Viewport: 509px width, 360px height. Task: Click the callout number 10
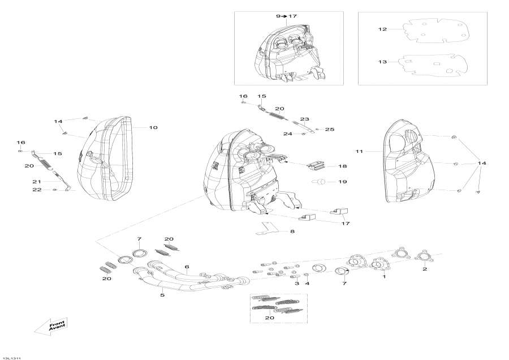pos(153,128)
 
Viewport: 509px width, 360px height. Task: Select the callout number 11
pos(359,152)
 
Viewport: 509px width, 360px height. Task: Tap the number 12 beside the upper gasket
pos(383,29)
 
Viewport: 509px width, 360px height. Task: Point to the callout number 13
pos(383,62)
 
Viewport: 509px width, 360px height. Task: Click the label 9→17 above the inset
pos(286,16)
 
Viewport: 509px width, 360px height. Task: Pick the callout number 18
pos(343,167)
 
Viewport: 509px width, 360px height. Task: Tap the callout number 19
pos(343,182)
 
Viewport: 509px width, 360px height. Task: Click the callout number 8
pos(292,232)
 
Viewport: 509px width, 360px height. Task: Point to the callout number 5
pos(162,295)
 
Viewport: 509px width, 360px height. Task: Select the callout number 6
pos(187,267)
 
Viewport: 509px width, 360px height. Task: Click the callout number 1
pos(384,277)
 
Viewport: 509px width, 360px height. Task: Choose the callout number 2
pos(425,270)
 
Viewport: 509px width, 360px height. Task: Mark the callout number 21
pos(37,181)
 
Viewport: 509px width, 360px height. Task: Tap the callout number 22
pos(37,190)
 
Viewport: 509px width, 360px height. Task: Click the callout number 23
pos(305,119)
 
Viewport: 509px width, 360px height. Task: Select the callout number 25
pos(330,130)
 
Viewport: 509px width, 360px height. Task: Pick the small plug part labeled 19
pos(320,182)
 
